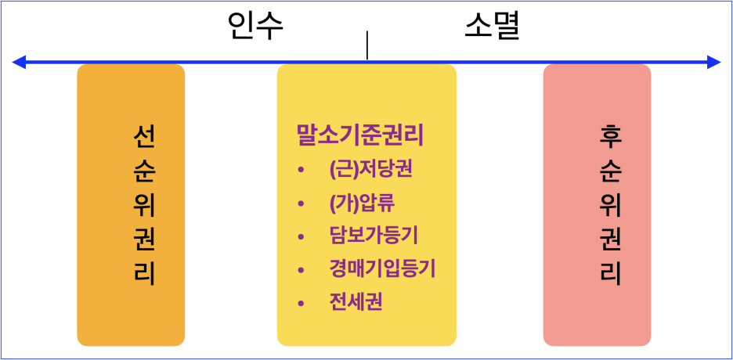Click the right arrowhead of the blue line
[x=714, y=62]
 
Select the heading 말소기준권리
[x=359, y=135]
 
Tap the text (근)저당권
[x=370, y=170]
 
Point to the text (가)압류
[x=362, y=203]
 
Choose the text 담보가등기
[x=374, y=236]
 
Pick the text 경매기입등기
[x=382, y=269]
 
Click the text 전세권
[x=356, y=302]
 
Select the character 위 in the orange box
[x=144, y=205]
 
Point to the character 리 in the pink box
[x=610, y=274]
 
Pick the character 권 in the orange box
[x=144, y=239]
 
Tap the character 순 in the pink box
[x=610, y=171]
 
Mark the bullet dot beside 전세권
[x=301, y=303]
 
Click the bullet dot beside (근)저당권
[x=301, y=171]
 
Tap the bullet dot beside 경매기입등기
[x=301, y=270]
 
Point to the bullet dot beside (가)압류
[x=301, y=204]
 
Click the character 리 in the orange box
[x=144, y=274]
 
